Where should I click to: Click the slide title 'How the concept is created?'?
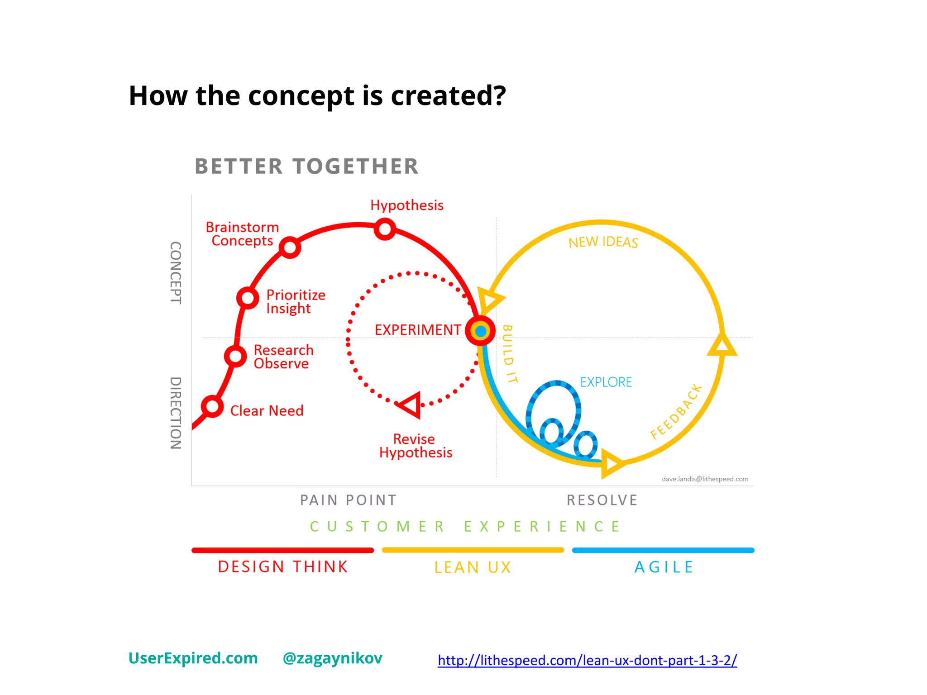click(x=317, y=96)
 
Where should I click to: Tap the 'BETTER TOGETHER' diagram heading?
click(x=306, y=167)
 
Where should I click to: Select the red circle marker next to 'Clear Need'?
click(x=212, y=406)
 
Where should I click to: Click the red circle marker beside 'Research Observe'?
click(x=235, y=356)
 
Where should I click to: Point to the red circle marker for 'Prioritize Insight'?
click(x=248, y=298)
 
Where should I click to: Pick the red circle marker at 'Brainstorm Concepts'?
click(x=290, y=248)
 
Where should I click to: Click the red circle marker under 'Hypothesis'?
click(x=385, y=229)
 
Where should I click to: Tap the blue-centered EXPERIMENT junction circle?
click(x=481, y=331)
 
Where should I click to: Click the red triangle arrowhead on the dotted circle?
click(x=411, y=405)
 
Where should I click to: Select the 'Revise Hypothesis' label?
click(x=416, y=446)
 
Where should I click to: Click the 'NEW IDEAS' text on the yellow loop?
click(x=603, y=243)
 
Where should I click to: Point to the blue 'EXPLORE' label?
click(x=606, y=382)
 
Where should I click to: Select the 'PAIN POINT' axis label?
click(x=348, y=500)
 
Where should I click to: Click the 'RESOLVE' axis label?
click(x=602, y=500)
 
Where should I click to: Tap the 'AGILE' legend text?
click(x=664, y=567)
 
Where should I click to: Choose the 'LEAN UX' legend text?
click(x=473, y=567)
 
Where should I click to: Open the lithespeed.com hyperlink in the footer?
click(x=587, y=661)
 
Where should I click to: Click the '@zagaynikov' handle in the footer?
click(x=332, y=658)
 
